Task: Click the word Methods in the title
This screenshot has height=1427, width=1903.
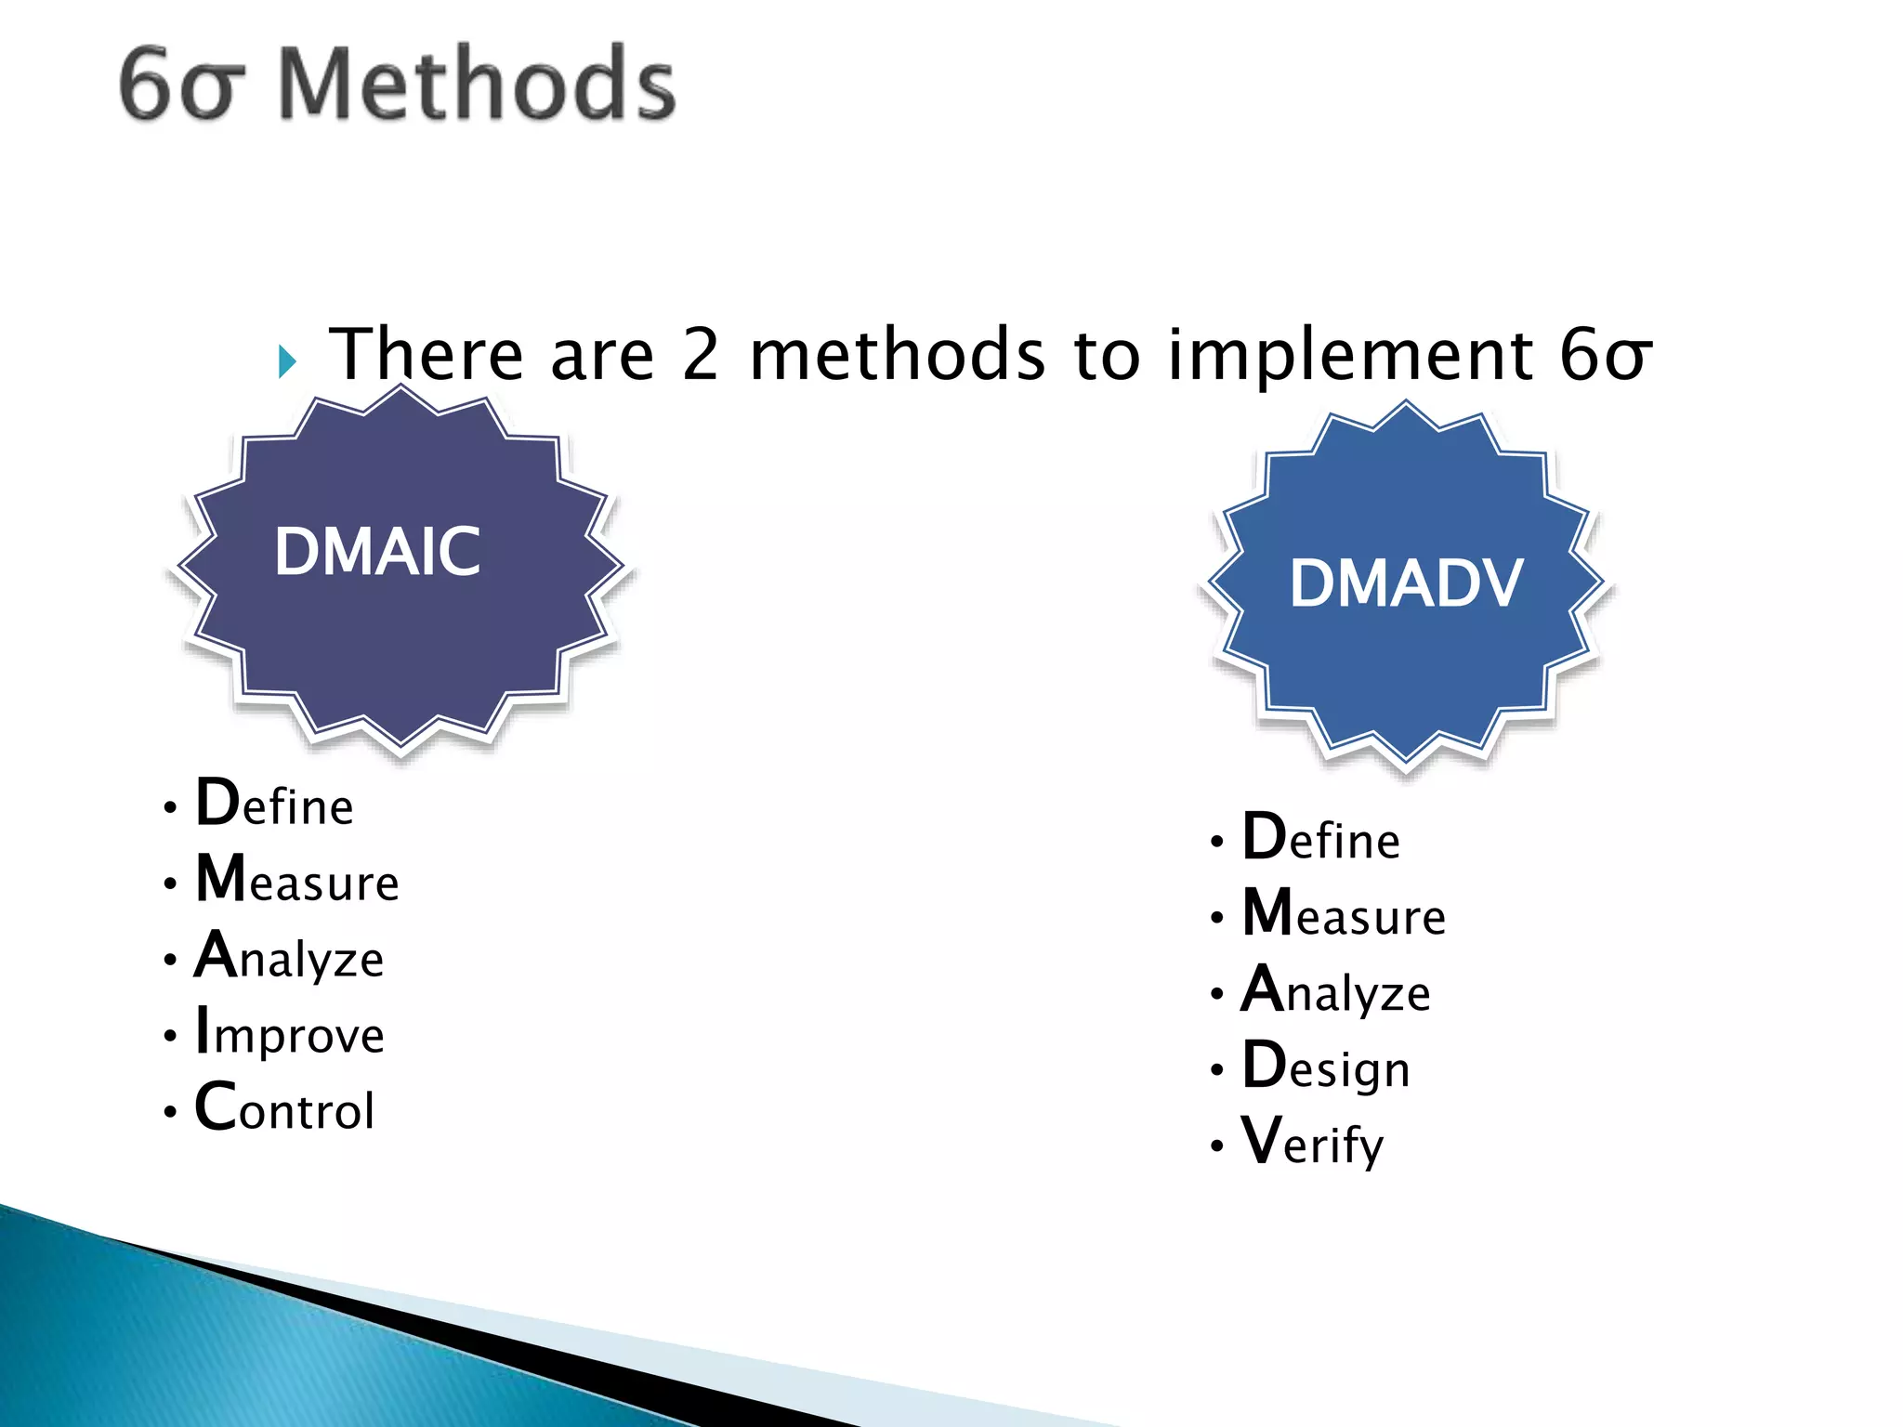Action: (x=477, y=85)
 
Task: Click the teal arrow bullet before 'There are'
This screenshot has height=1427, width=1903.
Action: (x=287, y=360)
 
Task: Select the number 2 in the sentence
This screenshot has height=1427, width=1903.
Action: (x=701, y=355)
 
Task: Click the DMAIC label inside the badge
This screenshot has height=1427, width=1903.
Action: (x=377, y=552)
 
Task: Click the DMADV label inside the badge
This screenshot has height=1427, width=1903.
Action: (x=1406, y=584)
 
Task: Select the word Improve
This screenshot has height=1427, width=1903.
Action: (x=289, y=1032)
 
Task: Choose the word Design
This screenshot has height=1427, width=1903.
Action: (x=1326, y=1067)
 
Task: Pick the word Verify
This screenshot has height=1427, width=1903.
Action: (x=1312, y=1142)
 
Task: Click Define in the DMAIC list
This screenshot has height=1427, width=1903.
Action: (x=274, y=804)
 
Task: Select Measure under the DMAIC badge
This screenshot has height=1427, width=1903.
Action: (x=297, y=880)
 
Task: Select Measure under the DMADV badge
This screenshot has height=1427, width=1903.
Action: (x=1344, y=914)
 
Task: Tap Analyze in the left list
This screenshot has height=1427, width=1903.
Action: (x=289, y=957)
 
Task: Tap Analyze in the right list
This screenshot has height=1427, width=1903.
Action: (x=1336, y=990)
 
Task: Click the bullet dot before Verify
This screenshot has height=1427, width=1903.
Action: (x=1216, y=1146)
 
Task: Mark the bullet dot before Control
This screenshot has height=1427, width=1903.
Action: (x=170, y=1111)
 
